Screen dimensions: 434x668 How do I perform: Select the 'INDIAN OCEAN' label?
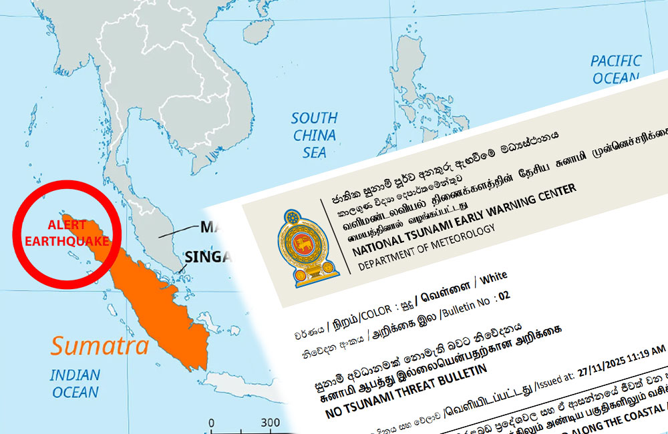tap(75, 384)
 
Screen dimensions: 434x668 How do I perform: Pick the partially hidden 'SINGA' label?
tap(207, 257)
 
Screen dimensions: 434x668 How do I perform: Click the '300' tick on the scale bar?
tap(270, 422)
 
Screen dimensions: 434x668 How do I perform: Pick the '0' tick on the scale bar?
tap(212, 422)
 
